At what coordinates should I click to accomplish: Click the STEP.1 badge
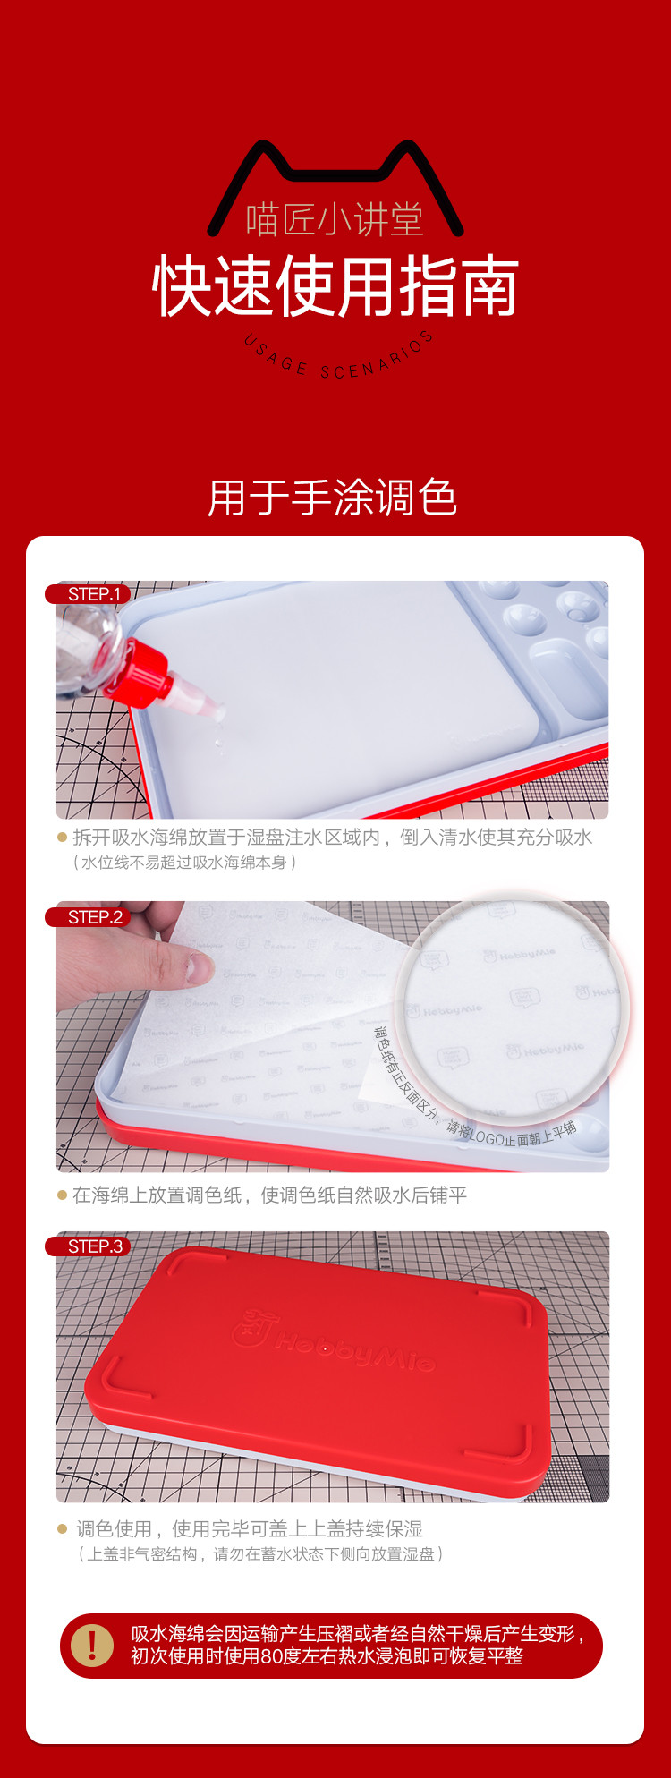[x=89, y=594]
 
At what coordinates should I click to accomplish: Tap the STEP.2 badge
[x=89, y=917]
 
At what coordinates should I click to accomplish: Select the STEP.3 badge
[x=89, y=1246]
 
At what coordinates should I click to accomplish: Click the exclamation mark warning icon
[x=92, y=1645]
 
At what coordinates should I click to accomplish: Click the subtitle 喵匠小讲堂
[x=335, y=219]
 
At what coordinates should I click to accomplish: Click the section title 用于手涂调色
[x=333, y=498]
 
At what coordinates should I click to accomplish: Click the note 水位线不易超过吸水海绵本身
[x=184, y=863]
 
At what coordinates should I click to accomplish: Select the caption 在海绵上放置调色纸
[x=157, y=1195]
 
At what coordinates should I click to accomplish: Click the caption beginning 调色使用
[x=250, y=1529]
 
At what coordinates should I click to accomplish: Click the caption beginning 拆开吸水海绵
[x=333, y=838]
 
